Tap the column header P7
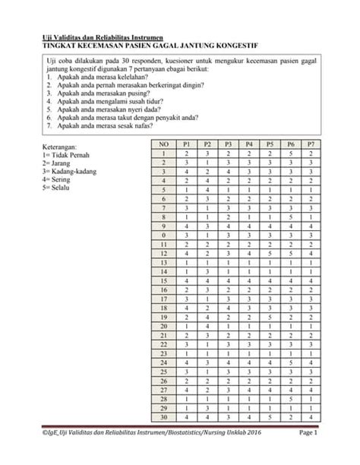click(x=311, y=144)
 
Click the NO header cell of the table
click(x=163, y=144)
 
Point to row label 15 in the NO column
click(x=163, y=280)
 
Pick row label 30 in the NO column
click(x=163, y=417)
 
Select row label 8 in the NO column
click(x=163, y=217)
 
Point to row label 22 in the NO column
click(x=163, y=344)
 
